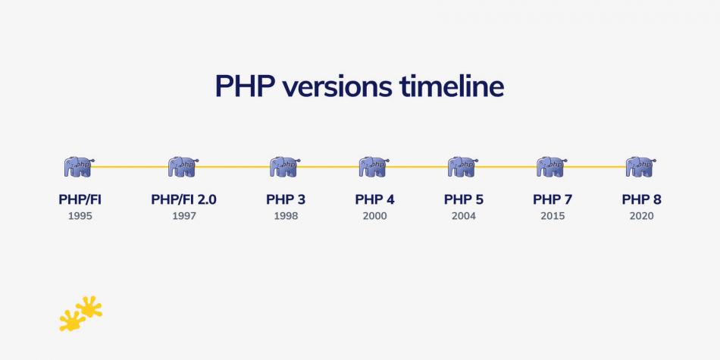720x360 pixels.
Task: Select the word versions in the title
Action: [337, 86]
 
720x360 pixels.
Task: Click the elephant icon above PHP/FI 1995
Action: [79, 167]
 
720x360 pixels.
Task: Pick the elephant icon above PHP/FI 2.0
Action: [183, 167]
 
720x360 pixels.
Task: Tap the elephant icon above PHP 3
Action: [285, 167]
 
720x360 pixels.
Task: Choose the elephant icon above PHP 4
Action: [374, 167]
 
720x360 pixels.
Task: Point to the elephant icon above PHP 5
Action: [462, 167]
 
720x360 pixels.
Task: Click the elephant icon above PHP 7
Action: [552, 167]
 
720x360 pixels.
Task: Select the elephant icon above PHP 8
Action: [640, 167]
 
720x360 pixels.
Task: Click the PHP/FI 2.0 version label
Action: [183, 200]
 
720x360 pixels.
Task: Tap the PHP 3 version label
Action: [286, 200]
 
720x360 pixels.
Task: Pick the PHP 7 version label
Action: [553, 200]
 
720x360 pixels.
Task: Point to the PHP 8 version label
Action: [641, 200]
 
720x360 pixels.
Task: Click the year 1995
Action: [80, 216]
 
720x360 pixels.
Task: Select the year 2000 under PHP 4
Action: [374, 216]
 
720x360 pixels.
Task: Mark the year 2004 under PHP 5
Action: [463, 216]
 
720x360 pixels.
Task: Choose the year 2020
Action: [641, 216]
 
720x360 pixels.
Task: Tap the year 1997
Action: [183, 216]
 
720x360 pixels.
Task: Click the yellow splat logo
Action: [80, 313]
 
